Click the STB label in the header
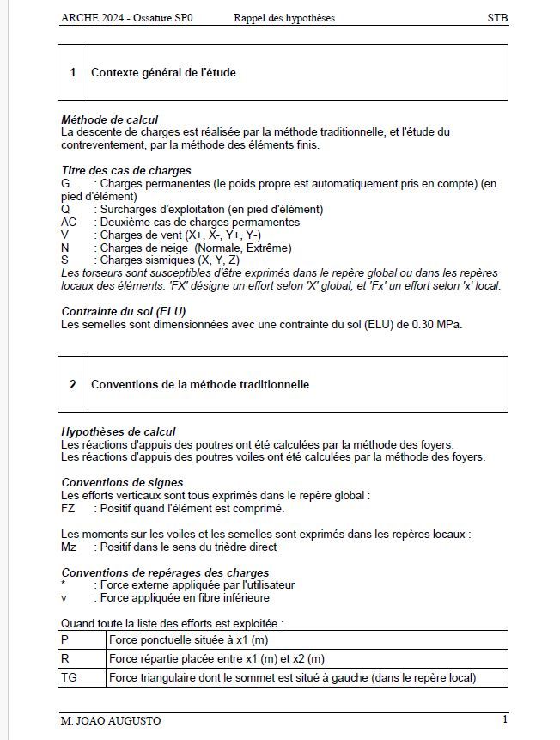(497, 17)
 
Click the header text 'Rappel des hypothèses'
(283, 17)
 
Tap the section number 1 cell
(73, 73)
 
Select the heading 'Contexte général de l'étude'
(163, 73)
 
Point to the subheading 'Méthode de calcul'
(109, 119)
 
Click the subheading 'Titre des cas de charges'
(126, 171)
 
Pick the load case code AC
(69, 223)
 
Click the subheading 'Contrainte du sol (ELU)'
(124, 312)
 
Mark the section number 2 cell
(73, 385)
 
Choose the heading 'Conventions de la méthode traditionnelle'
(200, 385)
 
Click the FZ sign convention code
(68, 508)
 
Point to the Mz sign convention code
(69, 547)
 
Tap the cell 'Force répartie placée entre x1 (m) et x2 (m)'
(216, 659)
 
